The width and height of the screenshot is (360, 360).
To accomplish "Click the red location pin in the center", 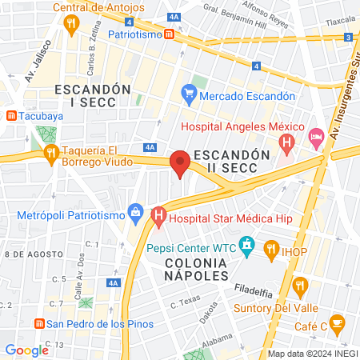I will (x=180, y=162).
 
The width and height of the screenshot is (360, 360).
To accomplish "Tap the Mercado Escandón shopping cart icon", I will (x=189, y=94).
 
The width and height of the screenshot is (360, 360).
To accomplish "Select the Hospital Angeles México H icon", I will (x=286, y=144).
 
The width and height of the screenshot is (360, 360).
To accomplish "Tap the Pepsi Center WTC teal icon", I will (x=248, y=243).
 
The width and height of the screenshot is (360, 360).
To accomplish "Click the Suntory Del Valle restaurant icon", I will (x=301, y=284).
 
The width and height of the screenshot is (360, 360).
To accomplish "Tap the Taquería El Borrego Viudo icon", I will (x=51, y=152).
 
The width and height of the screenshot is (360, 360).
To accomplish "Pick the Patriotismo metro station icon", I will (x=170, y=35).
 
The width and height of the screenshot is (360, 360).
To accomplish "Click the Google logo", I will (x=26, y=350).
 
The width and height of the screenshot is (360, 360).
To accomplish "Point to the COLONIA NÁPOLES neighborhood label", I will (x=196, y=269).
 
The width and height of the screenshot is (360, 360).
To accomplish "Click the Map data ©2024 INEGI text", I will (x=312, y=354).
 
